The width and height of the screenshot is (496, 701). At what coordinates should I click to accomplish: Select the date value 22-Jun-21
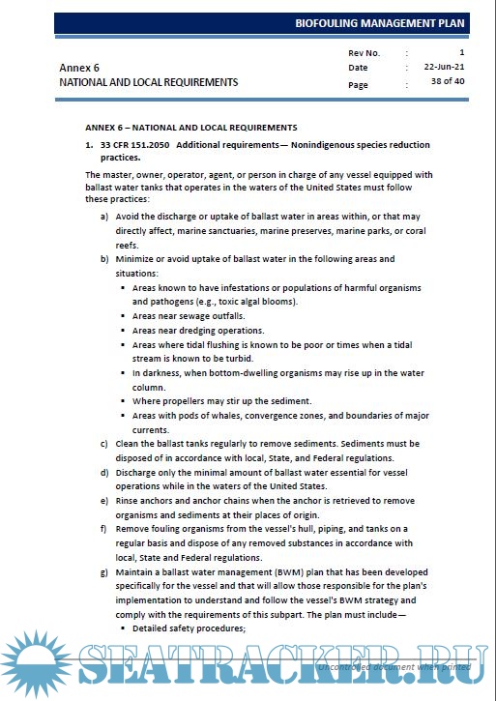[x=444, y=68]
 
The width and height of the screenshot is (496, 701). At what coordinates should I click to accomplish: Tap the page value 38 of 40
[x=447, y=84]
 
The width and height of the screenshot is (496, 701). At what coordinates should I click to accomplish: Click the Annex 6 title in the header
[x=79, y=69]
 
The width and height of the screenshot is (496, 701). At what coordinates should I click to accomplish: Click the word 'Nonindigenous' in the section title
[x=314, y=145]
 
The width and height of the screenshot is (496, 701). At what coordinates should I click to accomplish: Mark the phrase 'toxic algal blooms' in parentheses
[x=256, y=303]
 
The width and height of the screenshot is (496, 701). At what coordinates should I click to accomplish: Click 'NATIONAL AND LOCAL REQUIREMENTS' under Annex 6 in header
[x=148, y=83]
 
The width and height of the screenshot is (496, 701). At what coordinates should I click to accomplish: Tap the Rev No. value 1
[x=462, y=51]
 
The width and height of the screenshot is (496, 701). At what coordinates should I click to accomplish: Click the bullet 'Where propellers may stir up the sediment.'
[x=221, y=401]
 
